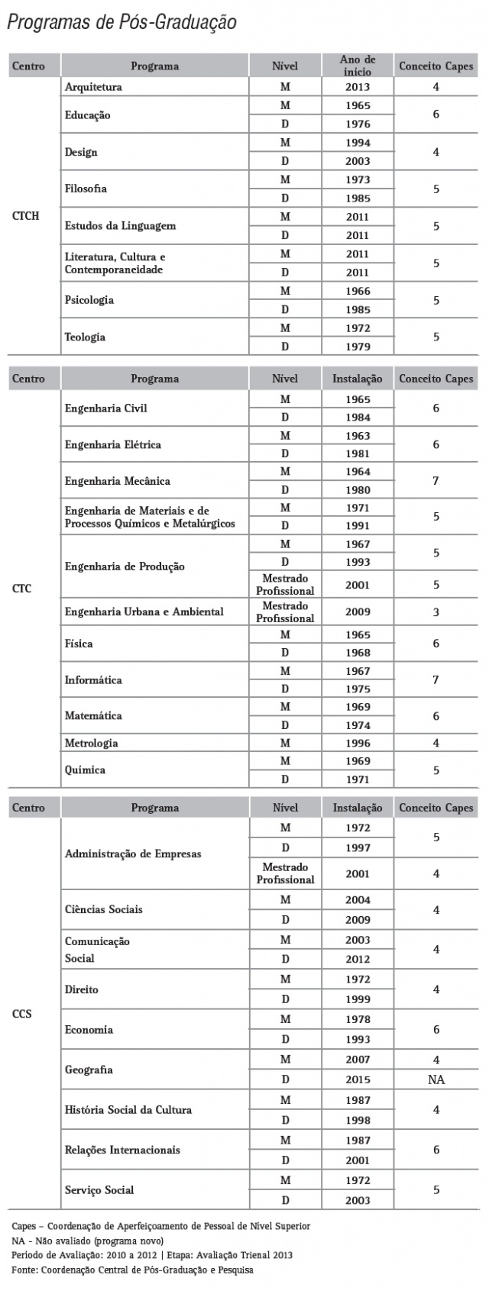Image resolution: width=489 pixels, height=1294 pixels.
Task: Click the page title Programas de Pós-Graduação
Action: pyautogui.click(x=121, y=24)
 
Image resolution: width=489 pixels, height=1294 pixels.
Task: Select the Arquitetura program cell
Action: pyautogui.click(x=93, y=87)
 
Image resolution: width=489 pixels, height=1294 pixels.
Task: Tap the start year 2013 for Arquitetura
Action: pyautogui.click(x=358, y=87)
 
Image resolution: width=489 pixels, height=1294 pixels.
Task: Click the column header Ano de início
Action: pyautogui.click(x=358, y=66)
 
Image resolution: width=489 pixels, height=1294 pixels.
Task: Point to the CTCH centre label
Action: pyautogui.click(x=26, y=216)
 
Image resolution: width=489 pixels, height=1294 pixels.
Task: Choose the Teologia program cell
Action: pyautogui.click(x=85, y=337)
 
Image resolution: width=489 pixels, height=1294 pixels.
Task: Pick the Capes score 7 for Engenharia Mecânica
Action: pyautogui.click(x=436, y=481)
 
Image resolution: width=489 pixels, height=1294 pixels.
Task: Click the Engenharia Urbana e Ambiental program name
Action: pyautogui.click(x=144, y=612)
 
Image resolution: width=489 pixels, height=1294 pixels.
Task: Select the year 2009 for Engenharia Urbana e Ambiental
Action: pyautogui.click(x=358, y=612)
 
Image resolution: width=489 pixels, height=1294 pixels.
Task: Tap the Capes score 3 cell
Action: pyautogui.click(x=436, y=612)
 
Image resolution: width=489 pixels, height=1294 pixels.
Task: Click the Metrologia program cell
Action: pyautogui.click(x=92, y=743)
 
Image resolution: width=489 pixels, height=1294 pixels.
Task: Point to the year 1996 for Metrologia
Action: pyautogui.click(x=358, y=743)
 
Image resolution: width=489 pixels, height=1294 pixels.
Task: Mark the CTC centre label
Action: pyautogui.click(x=22, y=589)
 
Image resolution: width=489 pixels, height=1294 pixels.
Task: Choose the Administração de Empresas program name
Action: pyautogui.click(x=133, y=854)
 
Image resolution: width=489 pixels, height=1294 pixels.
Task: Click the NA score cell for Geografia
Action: pyautogui.click(x=436, y=1079)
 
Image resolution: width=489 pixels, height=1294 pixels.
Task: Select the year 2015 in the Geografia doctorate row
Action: pyautogui.click(x=358, y=1079)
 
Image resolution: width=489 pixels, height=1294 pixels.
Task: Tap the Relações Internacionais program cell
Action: pyautogui.click(x=122, y=1150)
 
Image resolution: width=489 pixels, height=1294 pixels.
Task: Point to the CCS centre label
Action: pyautogui.click(x=22, y=1015)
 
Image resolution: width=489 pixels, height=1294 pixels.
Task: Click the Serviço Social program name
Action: pyautogui.click(x=99, y=1189)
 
